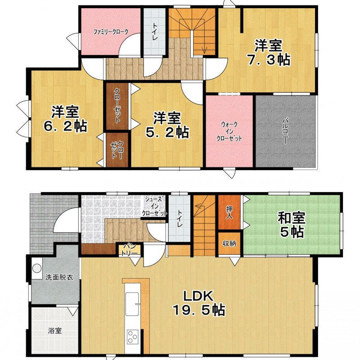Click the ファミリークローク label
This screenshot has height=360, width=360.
pos(111,32)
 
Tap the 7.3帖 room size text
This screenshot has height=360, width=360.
pos(268,60)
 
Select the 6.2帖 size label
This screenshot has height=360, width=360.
pos(65,126)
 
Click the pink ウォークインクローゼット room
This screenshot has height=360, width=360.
pos(229,131)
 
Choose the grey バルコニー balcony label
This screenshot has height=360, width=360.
pos(285,131)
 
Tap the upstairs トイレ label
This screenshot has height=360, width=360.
pos(154,31)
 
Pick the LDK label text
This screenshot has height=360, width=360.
pos(198,296)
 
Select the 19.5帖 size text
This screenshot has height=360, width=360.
pos(199,310)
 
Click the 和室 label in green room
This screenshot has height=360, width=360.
pos(292,218)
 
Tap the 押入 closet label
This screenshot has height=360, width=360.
pos(229,212)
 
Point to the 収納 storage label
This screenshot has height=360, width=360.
pos(229,243)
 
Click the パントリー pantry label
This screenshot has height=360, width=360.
pos(129,250)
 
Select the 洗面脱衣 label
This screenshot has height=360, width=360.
pos(59,277)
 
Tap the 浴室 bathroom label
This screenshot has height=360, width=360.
pos(55,331)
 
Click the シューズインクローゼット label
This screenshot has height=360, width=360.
pos(154,206)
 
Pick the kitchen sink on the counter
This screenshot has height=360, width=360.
pos(132,304)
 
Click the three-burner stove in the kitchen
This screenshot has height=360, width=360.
pos(133,337)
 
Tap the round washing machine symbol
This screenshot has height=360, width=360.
pos(37,268)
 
